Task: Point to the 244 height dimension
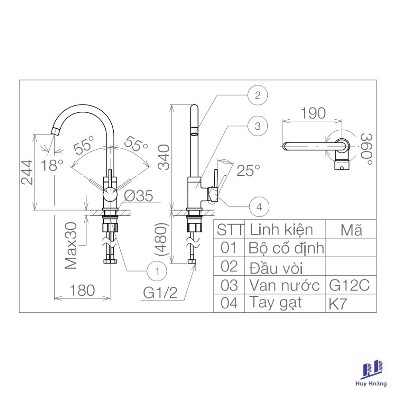pyautogui.click(x=27, y=172)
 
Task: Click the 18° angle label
pyautogui.click(x=51, y=165)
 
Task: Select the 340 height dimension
pyautogui.click(x=164, y=157)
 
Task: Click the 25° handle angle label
pyautogui.click(x=248, y=170)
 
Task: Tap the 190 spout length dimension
pyautogui.click(x=313, y=113)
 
